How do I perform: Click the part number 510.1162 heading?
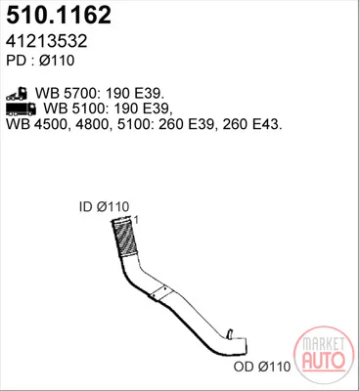[59, 16]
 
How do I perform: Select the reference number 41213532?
[47, 41]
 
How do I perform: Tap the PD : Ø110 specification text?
[40, 61]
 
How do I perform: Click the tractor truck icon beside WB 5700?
[17, 94]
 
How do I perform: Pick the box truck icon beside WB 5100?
[22, 109]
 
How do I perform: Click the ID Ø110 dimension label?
[104, 206]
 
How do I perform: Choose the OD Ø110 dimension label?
[262, 367]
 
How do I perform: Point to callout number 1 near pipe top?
[136, 220]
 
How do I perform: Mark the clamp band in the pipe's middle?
[161, 293]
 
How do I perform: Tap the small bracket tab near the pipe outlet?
[230, 334]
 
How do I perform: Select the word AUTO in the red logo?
[324, 360]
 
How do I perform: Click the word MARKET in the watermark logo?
[324, 344]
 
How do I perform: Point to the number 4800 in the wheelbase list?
[93, 124]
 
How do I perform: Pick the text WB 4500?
[37, 124]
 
